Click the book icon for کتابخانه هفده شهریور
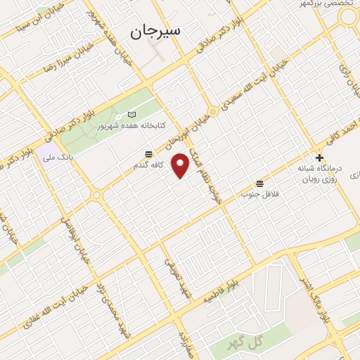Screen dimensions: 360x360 click(x=134, y=115)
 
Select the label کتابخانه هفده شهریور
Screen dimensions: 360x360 click(x=160, y=125)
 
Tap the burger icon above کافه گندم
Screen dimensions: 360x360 click(x=149, y=154)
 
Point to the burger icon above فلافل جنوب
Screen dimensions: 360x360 click(x=261, y=183)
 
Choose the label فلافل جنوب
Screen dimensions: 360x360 click(x=261, y=193)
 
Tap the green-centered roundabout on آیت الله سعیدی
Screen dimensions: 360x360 click(x=213, y=110)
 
